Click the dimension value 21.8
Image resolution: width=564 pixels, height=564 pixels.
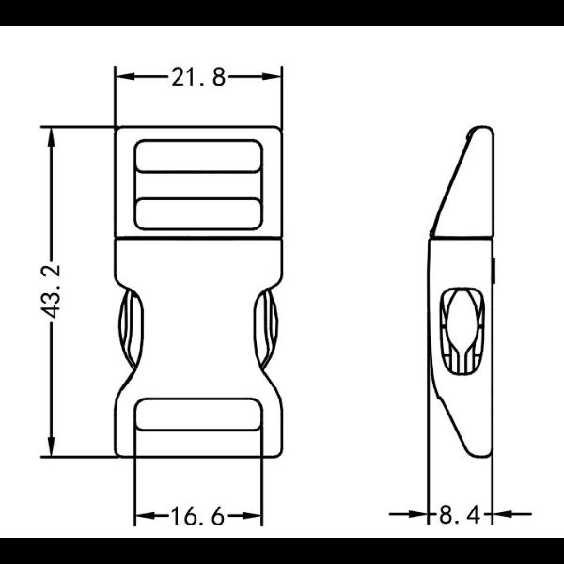tap(198, 78)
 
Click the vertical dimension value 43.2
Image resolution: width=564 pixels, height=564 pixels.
tap(54, 291)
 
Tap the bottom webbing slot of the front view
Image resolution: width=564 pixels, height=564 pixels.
tap(198, 414)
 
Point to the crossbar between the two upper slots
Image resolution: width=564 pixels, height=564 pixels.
tap(198, 184)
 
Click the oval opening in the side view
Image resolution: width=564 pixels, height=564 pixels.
tap(462, 329)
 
